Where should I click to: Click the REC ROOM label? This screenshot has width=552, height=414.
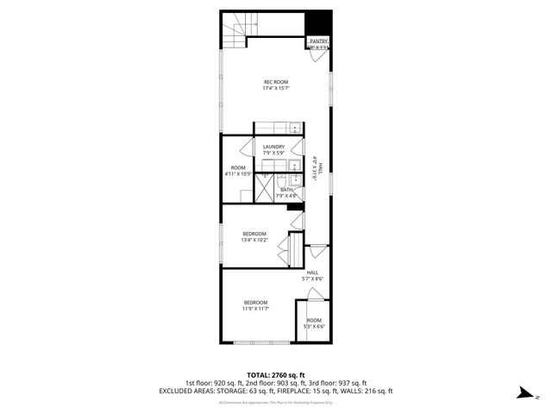tap(276, 85)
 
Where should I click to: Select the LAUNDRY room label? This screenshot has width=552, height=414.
tap(274, 149)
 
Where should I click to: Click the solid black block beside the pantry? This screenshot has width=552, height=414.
tap(321, 22)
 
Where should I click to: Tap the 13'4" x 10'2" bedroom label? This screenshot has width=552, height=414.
tap(254, 237)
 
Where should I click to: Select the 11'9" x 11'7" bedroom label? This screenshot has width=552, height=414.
tap(255, 304)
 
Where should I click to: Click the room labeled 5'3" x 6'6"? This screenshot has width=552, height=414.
tap(314, 323)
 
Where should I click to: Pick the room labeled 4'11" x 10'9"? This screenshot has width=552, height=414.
tap(238, 170)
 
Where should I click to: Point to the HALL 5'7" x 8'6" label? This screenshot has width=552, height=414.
tap(312, 275)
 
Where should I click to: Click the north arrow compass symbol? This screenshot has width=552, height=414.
tap(524, 392)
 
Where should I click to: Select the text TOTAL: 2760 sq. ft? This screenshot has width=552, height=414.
tap(276, 375)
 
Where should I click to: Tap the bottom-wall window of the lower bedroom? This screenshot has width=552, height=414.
tap(255, 343)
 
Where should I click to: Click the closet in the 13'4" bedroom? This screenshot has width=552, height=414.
tap(293, 249)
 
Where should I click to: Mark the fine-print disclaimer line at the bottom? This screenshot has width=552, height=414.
tap(276, 402)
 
